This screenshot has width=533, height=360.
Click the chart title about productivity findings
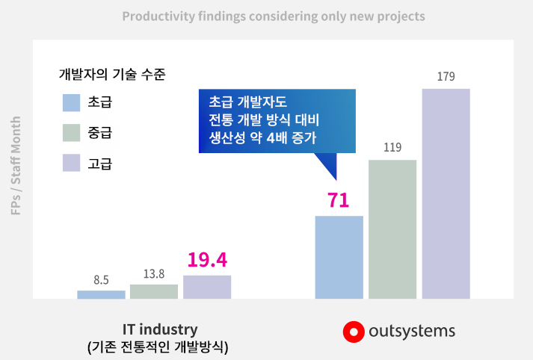(x=274, y=16)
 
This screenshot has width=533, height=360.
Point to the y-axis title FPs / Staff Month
(x=16, y=165)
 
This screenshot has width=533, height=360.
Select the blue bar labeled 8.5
(x=101, y=294)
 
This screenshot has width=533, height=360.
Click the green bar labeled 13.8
(x=154, y=291)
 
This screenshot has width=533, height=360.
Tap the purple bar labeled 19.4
(x=207, y=287)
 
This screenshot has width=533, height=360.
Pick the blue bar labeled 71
(x=339, y=257)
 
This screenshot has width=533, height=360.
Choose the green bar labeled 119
(x=392, y=229)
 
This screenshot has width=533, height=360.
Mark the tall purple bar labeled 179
(x=446, y=193)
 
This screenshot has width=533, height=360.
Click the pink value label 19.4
(x=207, y=260)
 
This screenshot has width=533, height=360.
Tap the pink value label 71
(x=338, y=200)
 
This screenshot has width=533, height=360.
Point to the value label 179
(x=446, y=76)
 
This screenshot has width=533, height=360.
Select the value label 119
(x=392, y=147)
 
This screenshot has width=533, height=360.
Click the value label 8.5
(x=102, y=280)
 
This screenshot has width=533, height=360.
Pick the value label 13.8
(x=154, y=274)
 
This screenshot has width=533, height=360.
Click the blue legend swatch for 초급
(x=71, y=102)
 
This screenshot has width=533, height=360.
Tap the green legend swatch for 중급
(x=71, y=133)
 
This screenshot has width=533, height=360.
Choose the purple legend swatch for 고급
(x=71, y=163)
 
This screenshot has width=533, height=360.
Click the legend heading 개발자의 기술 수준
(x=112, y=74)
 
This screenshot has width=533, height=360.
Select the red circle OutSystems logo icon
(x=354, y=332)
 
